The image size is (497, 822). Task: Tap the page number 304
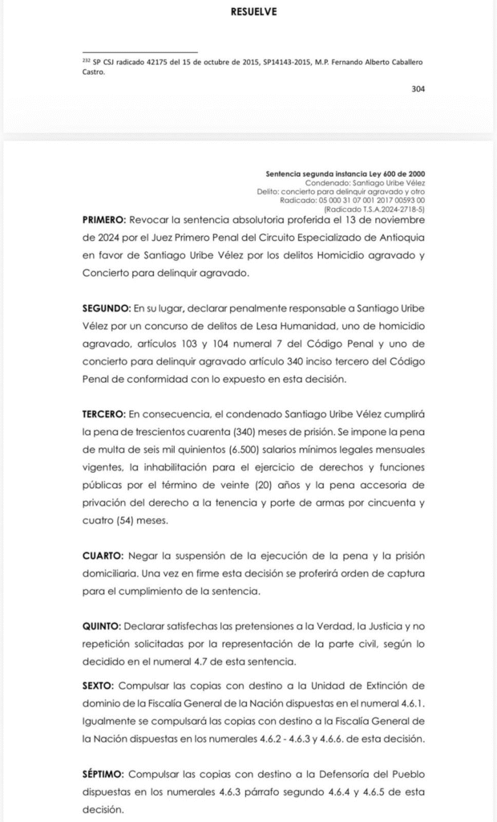418,89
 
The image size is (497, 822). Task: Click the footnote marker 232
87,59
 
